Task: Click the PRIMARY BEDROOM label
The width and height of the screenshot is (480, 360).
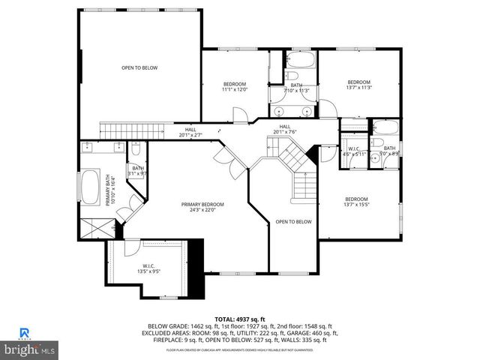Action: point(202,204)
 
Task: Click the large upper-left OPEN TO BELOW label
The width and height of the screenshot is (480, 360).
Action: point(140,68)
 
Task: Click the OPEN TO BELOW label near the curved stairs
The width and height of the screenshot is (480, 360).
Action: point(292,221)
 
